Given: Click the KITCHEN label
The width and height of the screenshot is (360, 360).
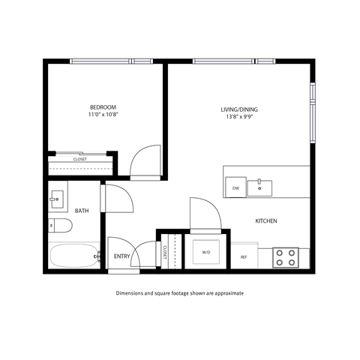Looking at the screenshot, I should (x=268, y=221).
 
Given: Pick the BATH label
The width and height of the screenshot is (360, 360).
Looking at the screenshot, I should (x=82, y=211).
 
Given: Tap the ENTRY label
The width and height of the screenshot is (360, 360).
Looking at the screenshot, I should (x=121, y=256).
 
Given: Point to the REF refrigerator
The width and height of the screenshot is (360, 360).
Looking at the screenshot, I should (x=244, y=256).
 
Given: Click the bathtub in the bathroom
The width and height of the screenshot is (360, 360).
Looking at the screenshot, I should (x=73, y=256).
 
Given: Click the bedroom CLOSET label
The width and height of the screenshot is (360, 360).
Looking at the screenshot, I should (x=79, y=159).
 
